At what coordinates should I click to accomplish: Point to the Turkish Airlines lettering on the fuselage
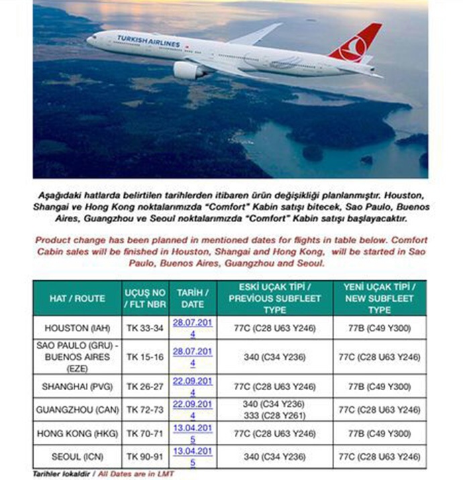(x=148, y=41)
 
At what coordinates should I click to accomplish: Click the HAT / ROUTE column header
(x=77, y=298)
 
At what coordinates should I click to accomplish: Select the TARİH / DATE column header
(x=193, y=298)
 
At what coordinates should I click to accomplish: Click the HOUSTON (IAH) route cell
(x=77, y=328)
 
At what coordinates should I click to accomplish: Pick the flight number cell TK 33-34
(x=145, y=328)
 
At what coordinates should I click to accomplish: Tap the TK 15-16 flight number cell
(x=145, y=357)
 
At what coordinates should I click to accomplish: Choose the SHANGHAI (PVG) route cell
(x=77, y=386)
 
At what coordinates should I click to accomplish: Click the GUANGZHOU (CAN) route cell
(x=77, y=410)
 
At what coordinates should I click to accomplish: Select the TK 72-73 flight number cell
(x=145, y=410)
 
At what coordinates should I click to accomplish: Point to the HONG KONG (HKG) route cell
(x=77, y=434)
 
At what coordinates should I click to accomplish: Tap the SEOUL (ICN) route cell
(x=77, y=457)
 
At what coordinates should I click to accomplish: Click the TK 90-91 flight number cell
(x=145, y=457)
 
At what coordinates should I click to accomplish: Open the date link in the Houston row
(x=193, y=328)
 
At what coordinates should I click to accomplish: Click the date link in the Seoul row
(x=193, y=457)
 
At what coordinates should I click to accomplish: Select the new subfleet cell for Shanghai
(x=379, y=386)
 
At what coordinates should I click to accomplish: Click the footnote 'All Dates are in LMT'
(x=135, y=474)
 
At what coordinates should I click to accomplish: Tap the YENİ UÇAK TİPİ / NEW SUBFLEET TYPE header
(x=379, y=298)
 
